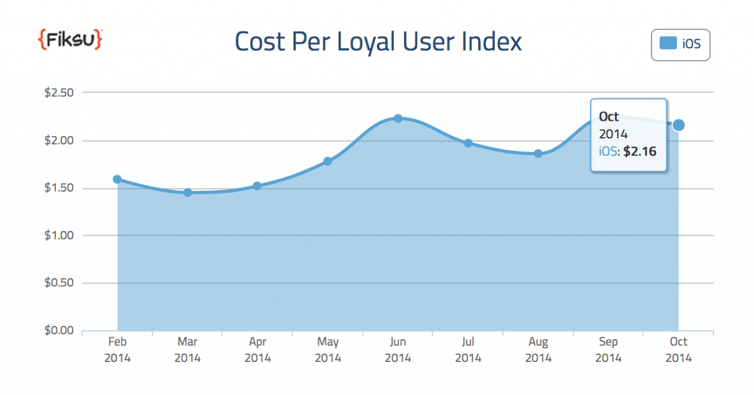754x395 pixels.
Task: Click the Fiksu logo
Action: pyautogui.click(x=70, y=39)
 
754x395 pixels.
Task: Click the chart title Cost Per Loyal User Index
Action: pyautogui.click(x=378, y=42)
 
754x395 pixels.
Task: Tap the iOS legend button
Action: pyautogui.click(x=680, y=44)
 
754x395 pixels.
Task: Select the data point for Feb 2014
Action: pyautogui.click(x=117, y=179)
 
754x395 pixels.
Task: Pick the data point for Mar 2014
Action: pyautogui.click(x=187, y=192)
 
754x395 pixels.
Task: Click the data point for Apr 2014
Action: pyautogui.click(x=257, y=186)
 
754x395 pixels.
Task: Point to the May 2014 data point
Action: pyautogui.click(x=328, y=161)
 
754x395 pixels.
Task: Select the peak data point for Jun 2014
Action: pyautogui.click(x=398, y=119)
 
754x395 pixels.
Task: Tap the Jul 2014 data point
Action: pyautogui.click(x=468, y=143)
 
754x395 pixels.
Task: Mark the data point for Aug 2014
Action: pyautogui.click(x=538, y=153)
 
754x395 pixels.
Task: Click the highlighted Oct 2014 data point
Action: pyautogui.click(x=679, y=125)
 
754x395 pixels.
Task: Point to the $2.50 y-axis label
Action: pyautogui.click(x=58, y=93)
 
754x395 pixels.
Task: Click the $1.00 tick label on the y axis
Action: pyautogui.click(x=58, y=235)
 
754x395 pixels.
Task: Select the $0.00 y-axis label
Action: pyautogui.click(x=58, y=330)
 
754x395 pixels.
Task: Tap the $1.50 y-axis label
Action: pyautogui.click(x=58, y=188)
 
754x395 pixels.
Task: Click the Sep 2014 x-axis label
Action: pyautogui.click(x=609, y=350)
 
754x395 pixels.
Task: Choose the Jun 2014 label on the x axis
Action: pyautogui.click(x=398, y=350)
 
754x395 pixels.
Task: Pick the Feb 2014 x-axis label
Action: pyautogui.click(x=117, y=350)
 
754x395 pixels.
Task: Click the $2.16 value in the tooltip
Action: pyautogui.click(x=640, y=152)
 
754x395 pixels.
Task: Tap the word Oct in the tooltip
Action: pyautogui.click(x=609, y=116)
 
